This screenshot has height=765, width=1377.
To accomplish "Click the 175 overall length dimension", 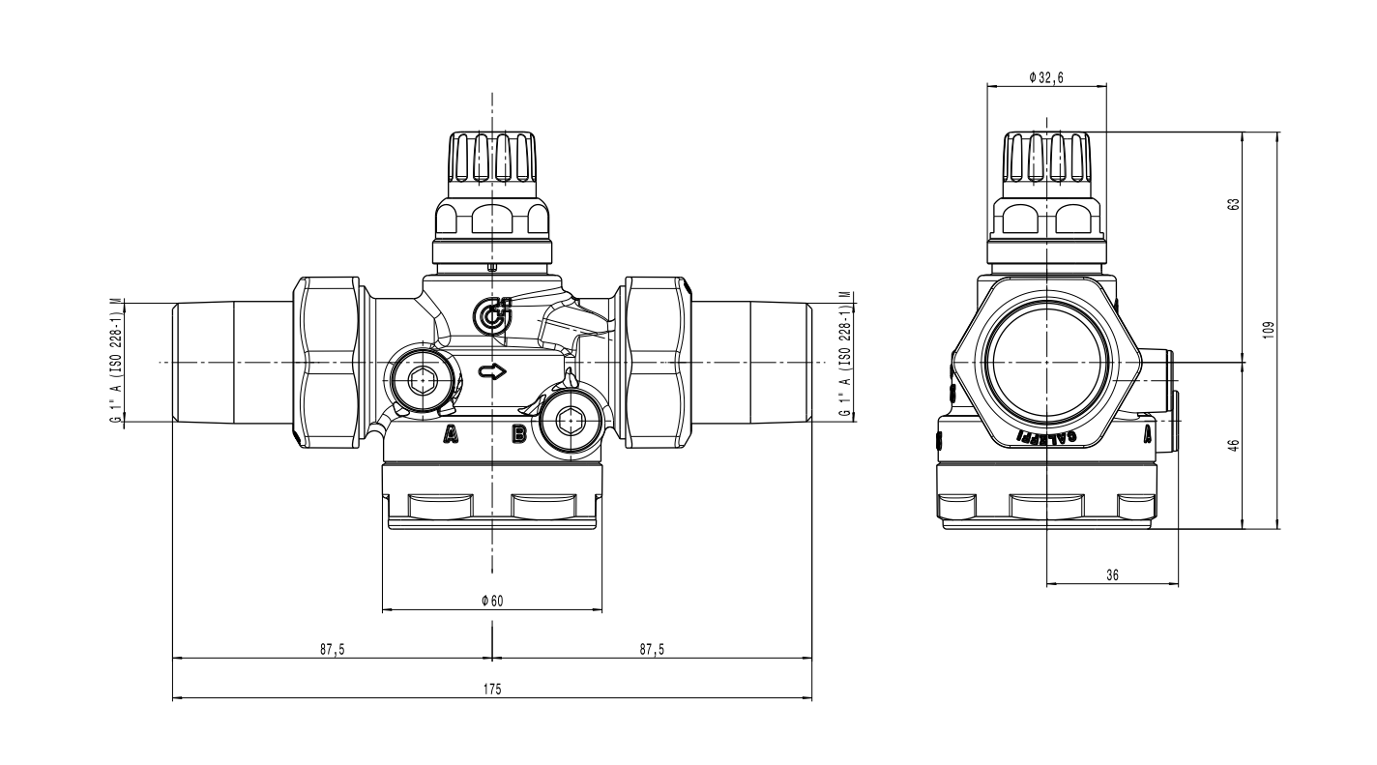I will click(492, 689).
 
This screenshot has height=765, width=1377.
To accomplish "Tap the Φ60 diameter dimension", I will click(492, 601).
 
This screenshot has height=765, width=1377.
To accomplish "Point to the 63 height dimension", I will click(1259, 205).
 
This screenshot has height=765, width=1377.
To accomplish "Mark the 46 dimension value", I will click(1259, 445).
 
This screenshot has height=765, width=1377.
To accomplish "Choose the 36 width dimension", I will click(1112, 574).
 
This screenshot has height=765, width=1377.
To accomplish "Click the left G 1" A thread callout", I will click(116, 360).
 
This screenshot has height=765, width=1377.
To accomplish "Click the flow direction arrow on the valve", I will click(492, 370).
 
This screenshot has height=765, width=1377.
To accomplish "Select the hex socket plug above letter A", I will click(420, 382).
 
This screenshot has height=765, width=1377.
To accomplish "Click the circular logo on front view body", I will click(493, 314).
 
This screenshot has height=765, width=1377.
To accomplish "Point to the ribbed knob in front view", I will click(492, 159).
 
